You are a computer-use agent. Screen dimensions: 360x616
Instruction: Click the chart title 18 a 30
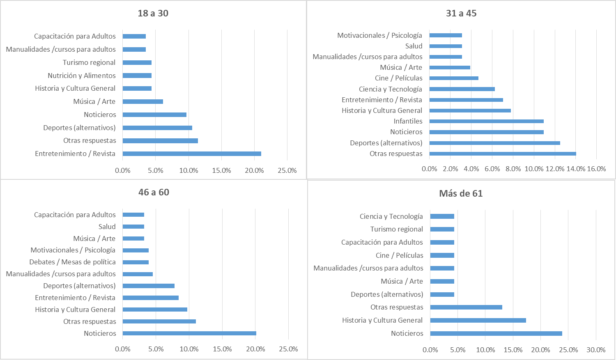point(153,13)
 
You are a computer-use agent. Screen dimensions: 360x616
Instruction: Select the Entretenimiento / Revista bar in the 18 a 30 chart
point(192,154)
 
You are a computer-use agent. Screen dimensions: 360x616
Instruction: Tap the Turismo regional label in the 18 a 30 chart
point(89,62)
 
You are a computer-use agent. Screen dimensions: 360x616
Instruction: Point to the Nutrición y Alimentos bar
point(137,76)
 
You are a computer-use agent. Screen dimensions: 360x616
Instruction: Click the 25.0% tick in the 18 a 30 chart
point(287,170)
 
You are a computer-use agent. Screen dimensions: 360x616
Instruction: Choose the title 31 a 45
point(461,13)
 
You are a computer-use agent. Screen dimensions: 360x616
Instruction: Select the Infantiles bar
point(487,121)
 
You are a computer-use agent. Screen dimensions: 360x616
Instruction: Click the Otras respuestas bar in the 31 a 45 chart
point(503,154)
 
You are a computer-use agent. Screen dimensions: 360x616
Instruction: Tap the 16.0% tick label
point(596,169)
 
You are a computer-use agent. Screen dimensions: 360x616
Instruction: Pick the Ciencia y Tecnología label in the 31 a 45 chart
point(390,89)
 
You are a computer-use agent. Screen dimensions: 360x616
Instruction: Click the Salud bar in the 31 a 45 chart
point(446,46)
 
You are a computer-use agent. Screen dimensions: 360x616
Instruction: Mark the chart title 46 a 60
point(154,192)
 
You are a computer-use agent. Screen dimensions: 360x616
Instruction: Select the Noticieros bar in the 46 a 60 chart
point(189,333)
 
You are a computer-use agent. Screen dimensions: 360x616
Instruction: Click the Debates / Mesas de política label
point(72,262)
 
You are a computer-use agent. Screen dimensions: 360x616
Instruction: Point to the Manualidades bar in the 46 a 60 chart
point(138,274)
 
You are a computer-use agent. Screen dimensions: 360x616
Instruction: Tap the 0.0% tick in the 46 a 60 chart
point(122,349)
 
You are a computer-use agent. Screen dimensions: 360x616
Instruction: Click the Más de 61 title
point(461,193)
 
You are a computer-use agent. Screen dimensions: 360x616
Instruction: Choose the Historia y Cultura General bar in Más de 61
point(478,320)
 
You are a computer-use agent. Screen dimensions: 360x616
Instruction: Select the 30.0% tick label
point(595,350)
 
